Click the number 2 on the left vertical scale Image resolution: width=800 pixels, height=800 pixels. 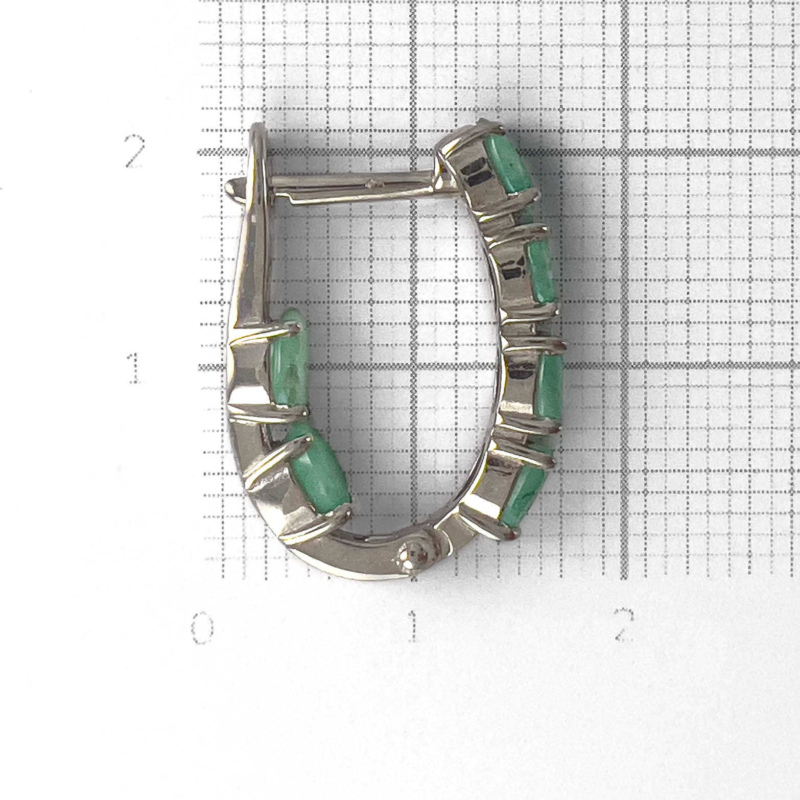tap(135, 152)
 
